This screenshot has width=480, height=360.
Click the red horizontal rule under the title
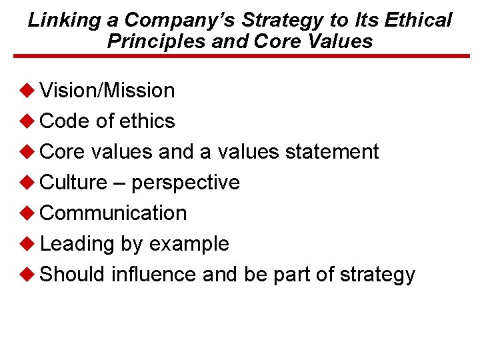pos(240,57)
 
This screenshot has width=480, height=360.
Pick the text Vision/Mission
pos(107,90)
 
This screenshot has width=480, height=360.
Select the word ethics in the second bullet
pos(147,121)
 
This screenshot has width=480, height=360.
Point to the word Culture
pos(73,182)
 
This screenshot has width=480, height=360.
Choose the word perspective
pos(185,183)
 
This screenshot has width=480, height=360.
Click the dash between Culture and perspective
pos(119,183)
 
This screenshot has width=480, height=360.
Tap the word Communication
pos(113,213)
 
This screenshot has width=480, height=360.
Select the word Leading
pos(77,244)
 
